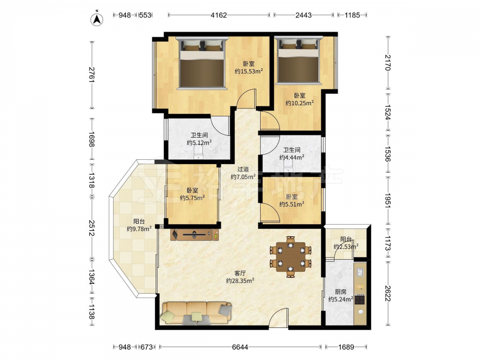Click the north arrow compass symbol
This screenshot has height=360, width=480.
point(97,19)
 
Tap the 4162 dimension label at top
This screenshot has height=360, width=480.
point(219,15)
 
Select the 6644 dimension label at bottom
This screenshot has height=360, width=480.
point(240,347)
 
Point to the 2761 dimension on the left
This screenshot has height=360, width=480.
point(92,75)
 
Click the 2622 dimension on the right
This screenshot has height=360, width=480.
point(387,293)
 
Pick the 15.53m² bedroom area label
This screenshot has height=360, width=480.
point(249,72)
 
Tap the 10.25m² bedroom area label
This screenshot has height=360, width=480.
point(300,103)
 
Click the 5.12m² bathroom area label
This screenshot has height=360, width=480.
point(199,143)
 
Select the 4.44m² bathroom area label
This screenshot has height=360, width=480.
point(291,157)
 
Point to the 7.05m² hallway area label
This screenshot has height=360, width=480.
point(243,177)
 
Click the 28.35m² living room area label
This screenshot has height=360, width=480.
point(240,280)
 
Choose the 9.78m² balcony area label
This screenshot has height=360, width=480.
point(139,228)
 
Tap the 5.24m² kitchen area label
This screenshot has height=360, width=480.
point(341,300)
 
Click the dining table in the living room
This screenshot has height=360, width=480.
point(290,257)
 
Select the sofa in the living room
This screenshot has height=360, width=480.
point(196,313)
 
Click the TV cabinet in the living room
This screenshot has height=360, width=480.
point(195,234)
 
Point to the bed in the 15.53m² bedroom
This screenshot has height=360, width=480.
point(202,63)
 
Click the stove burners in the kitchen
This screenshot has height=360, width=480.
point(360,299)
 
